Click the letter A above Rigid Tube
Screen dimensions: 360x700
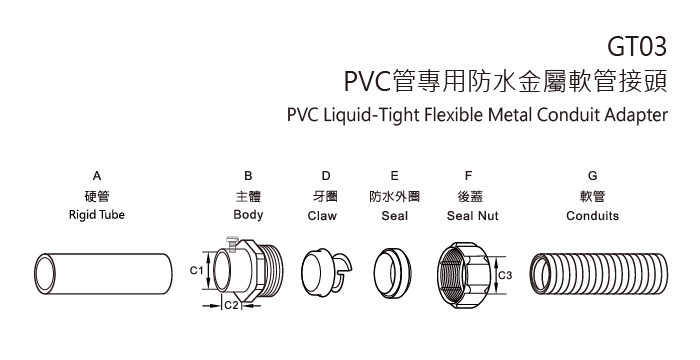[96, 176]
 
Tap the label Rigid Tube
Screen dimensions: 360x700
[96, 215]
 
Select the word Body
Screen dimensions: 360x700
[248, 215]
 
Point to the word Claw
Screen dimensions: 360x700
[322, 215]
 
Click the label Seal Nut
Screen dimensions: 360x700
[465, 215]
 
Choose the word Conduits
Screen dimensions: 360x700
[594, 215]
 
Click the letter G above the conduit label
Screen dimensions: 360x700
[593, 176]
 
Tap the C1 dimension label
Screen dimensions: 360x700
[196, 270]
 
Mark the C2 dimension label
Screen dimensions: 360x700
[229, 304]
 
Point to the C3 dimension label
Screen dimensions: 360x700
[505, 274]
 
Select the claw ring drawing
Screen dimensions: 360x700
[324, 273]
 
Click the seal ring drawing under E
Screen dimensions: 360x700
[391, 272]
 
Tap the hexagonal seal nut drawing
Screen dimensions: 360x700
[464, 272]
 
